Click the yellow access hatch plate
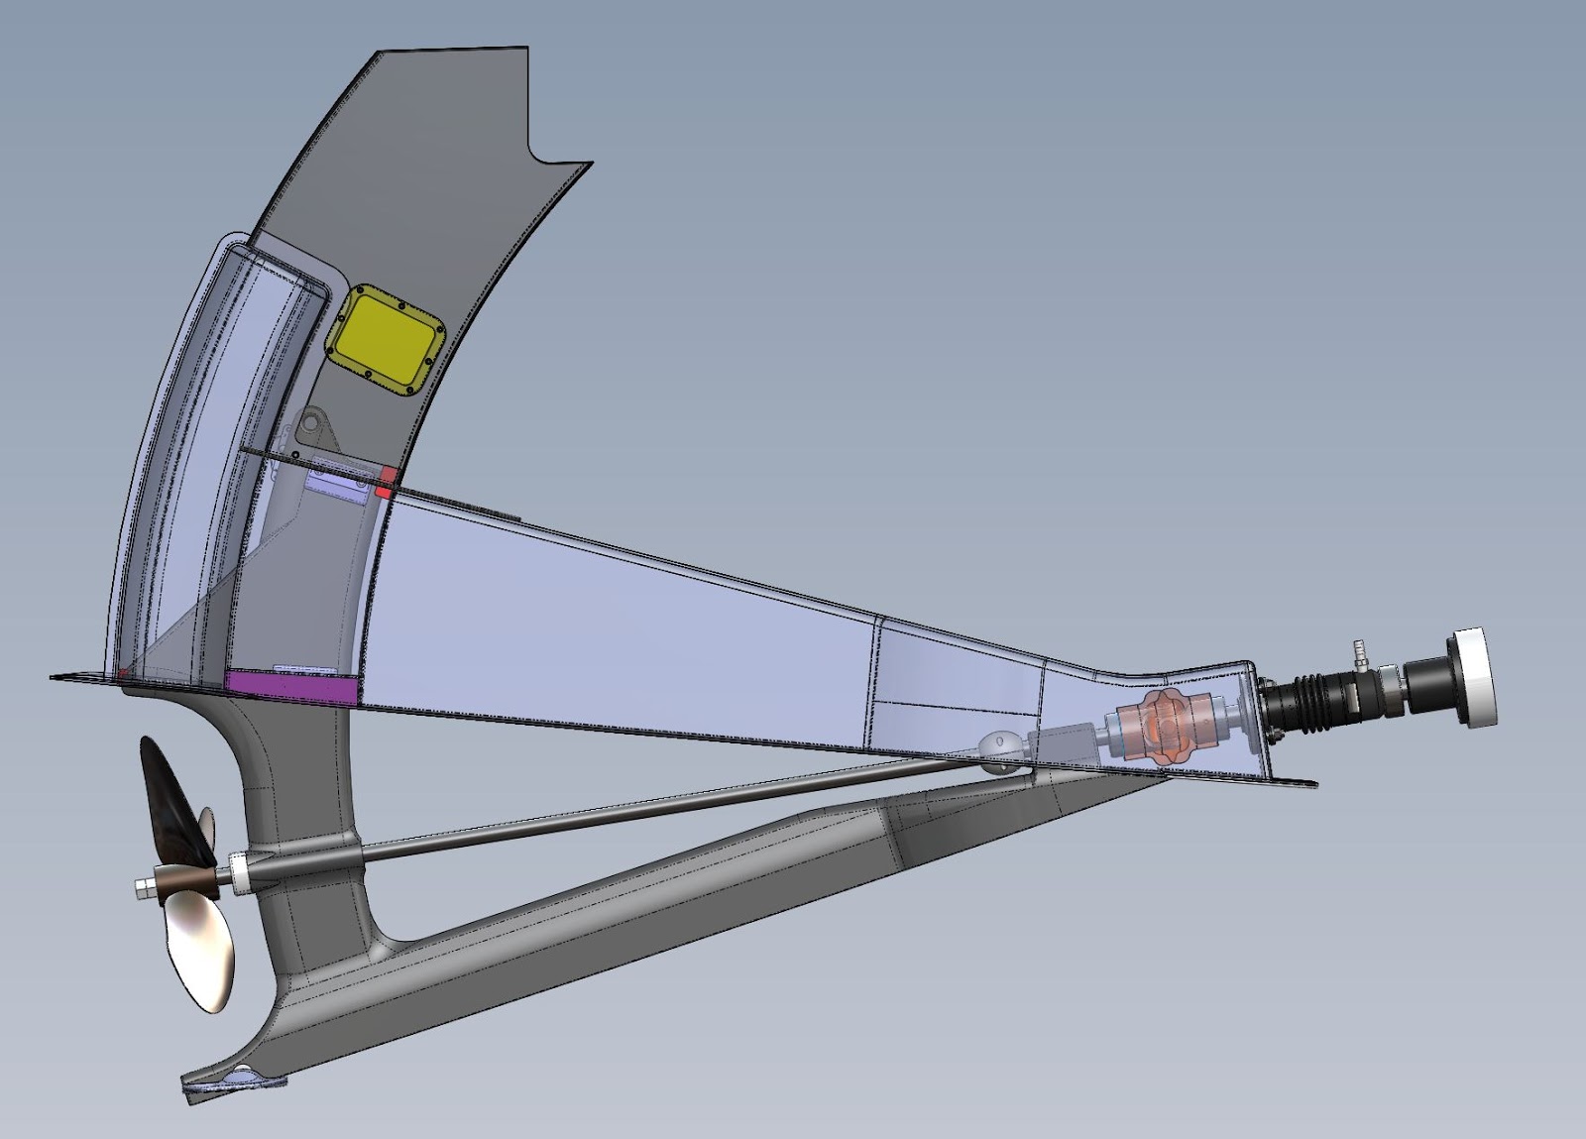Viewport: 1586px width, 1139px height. pos(383,337)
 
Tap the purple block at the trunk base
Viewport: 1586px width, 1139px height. pos(289,687)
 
